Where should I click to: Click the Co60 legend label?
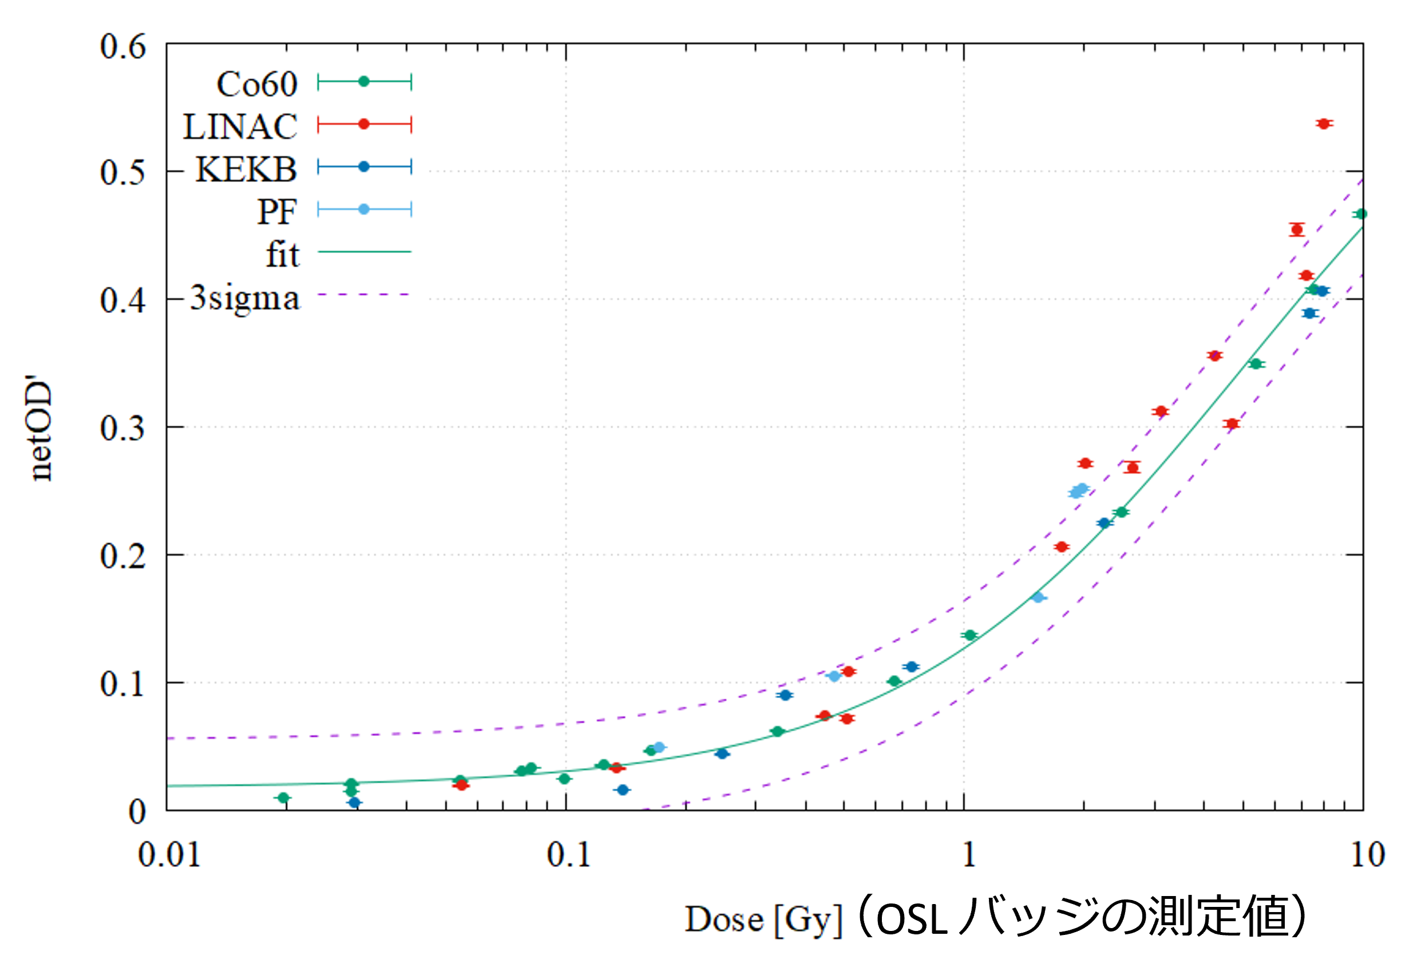pos(256,84)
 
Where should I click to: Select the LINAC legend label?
pos(240,127)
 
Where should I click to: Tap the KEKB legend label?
pos(246,169)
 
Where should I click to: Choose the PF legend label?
pos(277,212)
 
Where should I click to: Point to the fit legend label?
pos(282,255)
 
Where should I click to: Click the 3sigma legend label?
pos(245,298)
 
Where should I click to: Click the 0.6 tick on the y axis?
pos(122,46)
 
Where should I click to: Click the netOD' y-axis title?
pos(42,429)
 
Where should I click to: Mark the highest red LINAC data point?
pos(1324,124)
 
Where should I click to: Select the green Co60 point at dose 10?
pos(1361,214)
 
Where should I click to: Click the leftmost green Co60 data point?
pos(283,798)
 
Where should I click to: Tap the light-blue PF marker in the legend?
pos(364,210)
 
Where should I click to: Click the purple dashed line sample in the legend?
pos(364,295)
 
